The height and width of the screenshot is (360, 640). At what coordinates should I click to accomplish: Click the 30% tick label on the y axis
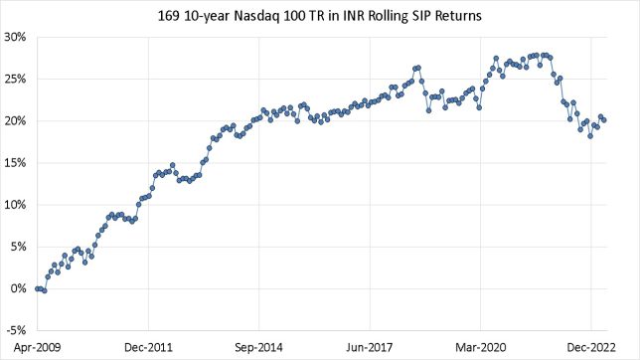click(x=16, y=38)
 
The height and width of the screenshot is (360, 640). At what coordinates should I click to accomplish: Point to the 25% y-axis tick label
click(x=16, y=80)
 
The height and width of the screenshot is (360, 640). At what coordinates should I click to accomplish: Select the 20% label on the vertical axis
click(x=16, y=121)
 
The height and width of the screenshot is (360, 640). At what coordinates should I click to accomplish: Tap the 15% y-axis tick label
click(x=16, y=163)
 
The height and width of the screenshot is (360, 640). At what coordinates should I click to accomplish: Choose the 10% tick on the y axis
click(x=16, y=205)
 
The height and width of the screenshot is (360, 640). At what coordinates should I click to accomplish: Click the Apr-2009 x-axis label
click(x=37, y=347)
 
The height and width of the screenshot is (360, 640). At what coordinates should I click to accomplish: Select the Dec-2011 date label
click(x=148, y=347)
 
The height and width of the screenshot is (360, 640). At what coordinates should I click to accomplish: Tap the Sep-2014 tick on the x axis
click(x=258, y=347)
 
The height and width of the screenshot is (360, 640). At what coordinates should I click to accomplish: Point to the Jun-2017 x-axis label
click(x=370, y=347)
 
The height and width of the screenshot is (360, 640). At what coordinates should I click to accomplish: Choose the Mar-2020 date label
click(x=480, y=347)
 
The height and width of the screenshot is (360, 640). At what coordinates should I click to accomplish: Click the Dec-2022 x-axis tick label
click(x=591, y=347)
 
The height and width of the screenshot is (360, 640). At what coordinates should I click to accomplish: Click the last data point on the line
click(x=605, y=121)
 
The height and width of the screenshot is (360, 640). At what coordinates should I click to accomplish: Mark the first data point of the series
click(x=37, y=288)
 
